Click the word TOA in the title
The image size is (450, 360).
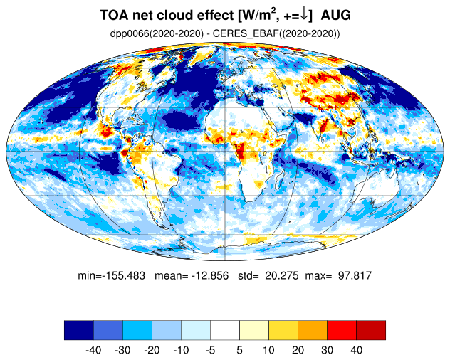click(x=114, y=15)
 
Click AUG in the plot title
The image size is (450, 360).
click(x=336, y=15)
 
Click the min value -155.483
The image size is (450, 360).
click(x=124, y=275)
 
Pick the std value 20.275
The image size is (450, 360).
click(x=282, y=275)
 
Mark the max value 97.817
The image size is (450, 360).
click(x=355, y=275)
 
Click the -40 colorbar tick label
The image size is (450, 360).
click(x=93, y=350)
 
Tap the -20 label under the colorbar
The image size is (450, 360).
click(x=152, y=350)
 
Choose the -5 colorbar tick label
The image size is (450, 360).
click(x=210, y=350)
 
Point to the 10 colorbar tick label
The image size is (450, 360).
click(x=268, y=350)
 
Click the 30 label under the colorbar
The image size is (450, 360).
click(x=327, y=350)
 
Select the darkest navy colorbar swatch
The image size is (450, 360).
click(x=79, y=330)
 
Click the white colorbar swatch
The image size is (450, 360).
click(x=225, y=330)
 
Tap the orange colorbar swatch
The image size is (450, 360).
click(x=313, y=330)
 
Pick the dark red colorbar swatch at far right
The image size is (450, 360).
click(x=371, y=330)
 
